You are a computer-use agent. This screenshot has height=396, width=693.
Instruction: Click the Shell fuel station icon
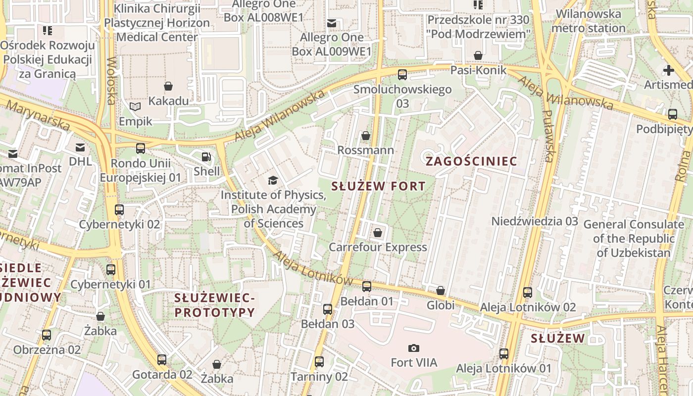pyautogui.click(x=206, y=157)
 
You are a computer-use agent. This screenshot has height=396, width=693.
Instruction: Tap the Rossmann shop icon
pyautogui.click(x=366, y=136)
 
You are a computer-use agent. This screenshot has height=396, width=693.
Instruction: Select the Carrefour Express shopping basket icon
pyautogui.click(x=378, y=233)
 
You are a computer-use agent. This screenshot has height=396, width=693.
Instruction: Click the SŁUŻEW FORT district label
pyautogui.click(x=378, y=187)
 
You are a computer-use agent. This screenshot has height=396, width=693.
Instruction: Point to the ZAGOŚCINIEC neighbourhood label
pyautogui.click(x=471, y=161)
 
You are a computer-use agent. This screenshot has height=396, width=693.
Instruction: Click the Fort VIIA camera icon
pyautogui.click(x=414, y=348)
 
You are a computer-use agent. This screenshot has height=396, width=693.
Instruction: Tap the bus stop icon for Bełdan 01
pyautogui.click(x=367, y=287)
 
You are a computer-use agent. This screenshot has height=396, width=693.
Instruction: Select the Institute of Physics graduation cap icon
pyautogui.click(x=273, y=180)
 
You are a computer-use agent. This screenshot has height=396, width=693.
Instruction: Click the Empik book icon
pyautogui.click(x=135, y=106)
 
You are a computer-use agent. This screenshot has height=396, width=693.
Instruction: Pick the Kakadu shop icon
pyautogui.click(x=168, y=87)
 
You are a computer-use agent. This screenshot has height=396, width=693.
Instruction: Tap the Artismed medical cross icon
pyautogui.click(x=669, y=70)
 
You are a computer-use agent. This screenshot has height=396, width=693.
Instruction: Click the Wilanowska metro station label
pyautogui.click(x=588, y=21)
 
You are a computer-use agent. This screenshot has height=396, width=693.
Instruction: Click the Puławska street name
pyautogui.click(x=547, y=136)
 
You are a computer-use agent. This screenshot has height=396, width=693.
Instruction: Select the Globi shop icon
pyautogui.click(x=441, y=291)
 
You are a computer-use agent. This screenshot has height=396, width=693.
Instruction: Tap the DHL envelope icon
pyautogui.click(x=80, y=147)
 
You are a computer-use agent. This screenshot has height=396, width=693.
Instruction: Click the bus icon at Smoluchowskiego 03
pyautogui.click(x=402, y=75)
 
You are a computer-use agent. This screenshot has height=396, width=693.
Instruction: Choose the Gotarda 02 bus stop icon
pyautogui.click(x=162, y=360)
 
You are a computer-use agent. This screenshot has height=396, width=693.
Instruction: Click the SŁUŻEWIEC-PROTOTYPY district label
pyautogui.click(x=215, y=305)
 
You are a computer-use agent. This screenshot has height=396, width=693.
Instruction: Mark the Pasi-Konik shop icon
pyautogui.click(x=478, y=55)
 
